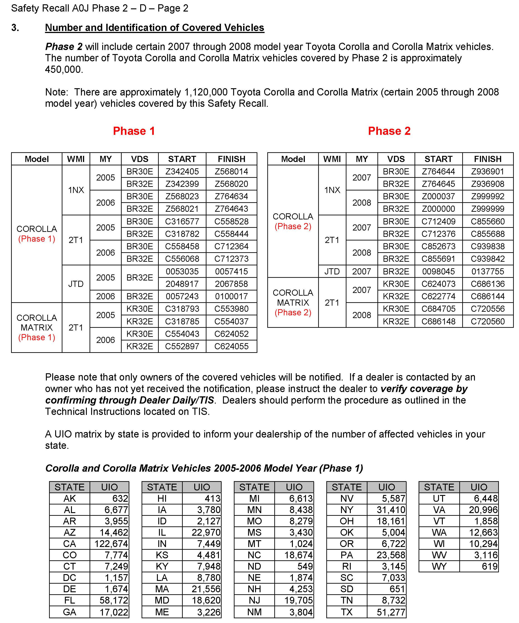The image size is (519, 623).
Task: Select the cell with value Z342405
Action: pyautogui.click(x=182, y=171)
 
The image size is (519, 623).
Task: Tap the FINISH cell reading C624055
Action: pyautogui.click(x=231, y=346)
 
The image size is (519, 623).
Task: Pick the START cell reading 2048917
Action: pyautogui.click(x=182, y=284)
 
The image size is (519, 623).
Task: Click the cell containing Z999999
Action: pyautogui.click(x=487, y=209)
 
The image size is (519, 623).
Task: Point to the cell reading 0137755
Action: pyautogui.click(x=487, y=271)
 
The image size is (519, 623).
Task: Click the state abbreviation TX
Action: pyautogui.click(x=346, y=612)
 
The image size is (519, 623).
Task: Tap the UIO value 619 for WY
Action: pyautogui.click(x=489, y=566)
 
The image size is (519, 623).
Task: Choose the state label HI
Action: pyautogui.click(x=162, y=498)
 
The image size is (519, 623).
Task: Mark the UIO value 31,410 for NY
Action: pyautogui.click(x=391, y=510)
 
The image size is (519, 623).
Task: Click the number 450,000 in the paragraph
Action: pyautogui.click(x=64, y=69)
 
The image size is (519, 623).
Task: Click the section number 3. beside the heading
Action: pyautogui.click(x=15, y=28)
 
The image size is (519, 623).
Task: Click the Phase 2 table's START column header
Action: pyautogui.click(x=438, y=159)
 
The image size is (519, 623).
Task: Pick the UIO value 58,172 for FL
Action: pyautogui.click(x=114, y=600)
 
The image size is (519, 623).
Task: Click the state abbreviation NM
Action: pyautogui.click(x=254, y=612)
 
